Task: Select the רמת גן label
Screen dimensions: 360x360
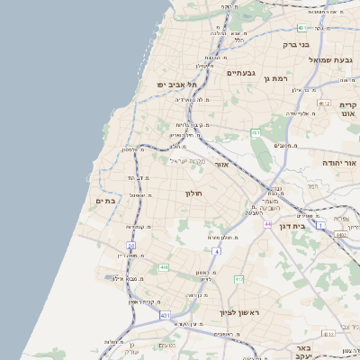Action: click(274, 78)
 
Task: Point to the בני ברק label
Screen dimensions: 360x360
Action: click(296, 43)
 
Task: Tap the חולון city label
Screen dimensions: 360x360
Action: click(195, 193)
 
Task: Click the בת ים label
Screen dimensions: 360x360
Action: click(104, 200)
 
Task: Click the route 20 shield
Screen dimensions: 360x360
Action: click(130, 245)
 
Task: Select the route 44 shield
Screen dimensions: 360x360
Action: click(267, 223)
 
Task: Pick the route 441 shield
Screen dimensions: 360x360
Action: click(164, 267)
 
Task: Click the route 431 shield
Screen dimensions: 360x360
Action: click(165, 315)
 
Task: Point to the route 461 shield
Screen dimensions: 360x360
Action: click(256, 132)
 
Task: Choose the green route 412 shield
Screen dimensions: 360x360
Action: click(239, 279)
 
